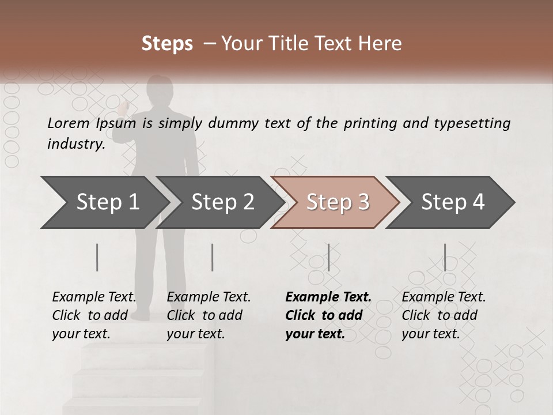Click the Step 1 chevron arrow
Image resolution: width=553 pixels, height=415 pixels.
click(x=107, y=202)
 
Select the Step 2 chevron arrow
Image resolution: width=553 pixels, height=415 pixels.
click(x=222, y=202)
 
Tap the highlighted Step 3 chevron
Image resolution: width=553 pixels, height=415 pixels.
click(x=337, y=202)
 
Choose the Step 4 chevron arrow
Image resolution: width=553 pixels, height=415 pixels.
click(x=452, y=202)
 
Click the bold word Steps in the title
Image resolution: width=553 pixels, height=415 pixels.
click(x=167, y=44)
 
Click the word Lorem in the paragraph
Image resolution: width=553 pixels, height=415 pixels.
click(x=69, y=123)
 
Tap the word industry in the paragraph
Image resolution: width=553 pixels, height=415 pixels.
click(x=75, y=144)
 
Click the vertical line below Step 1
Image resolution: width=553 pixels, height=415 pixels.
click(x=97, y=257)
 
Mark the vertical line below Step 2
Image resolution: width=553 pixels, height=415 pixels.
click(x=213, y=257)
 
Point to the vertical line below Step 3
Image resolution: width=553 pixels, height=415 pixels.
click(x=328, y=257)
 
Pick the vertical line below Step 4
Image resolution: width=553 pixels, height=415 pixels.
click(x=445, y=257)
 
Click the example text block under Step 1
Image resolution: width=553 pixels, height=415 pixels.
click(x=94, y=315)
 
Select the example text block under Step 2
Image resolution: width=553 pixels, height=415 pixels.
click(x=209, y=315)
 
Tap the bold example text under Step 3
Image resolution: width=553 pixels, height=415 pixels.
click(x=328, y=315)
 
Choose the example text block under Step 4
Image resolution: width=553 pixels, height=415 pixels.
click(x=444, y=315)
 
